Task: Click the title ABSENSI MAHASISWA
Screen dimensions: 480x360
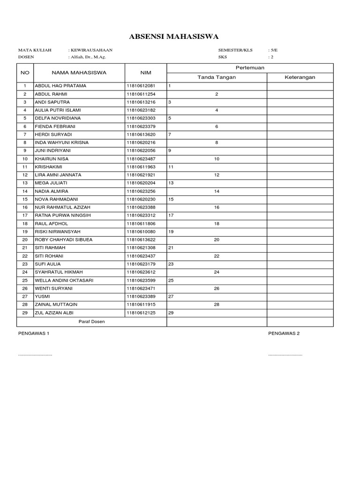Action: point(174,37)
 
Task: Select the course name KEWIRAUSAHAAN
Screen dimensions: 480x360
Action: point(91,50)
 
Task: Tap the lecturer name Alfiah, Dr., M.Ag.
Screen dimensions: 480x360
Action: point(88,57)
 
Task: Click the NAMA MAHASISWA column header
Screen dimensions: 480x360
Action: point(79,73)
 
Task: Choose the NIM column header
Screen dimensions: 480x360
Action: point(145,73)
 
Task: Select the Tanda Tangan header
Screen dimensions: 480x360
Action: point(217,77)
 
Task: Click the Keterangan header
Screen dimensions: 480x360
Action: point(300,77)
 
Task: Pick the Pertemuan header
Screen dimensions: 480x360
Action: point(250,68)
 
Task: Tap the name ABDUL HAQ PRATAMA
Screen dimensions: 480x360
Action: point(60,86)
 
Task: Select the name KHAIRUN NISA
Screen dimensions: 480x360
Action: point(52,159)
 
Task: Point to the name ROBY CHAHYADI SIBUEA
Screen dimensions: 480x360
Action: point(64,240)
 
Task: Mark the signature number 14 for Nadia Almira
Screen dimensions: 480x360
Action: point(217,191)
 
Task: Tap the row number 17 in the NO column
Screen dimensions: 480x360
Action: point(25,216)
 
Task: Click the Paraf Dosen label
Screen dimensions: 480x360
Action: point(91,322)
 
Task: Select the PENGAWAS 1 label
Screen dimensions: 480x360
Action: point(33,333)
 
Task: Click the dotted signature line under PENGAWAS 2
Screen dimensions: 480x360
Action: point(285,355)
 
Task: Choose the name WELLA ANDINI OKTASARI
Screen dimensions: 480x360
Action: point(64,280)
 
